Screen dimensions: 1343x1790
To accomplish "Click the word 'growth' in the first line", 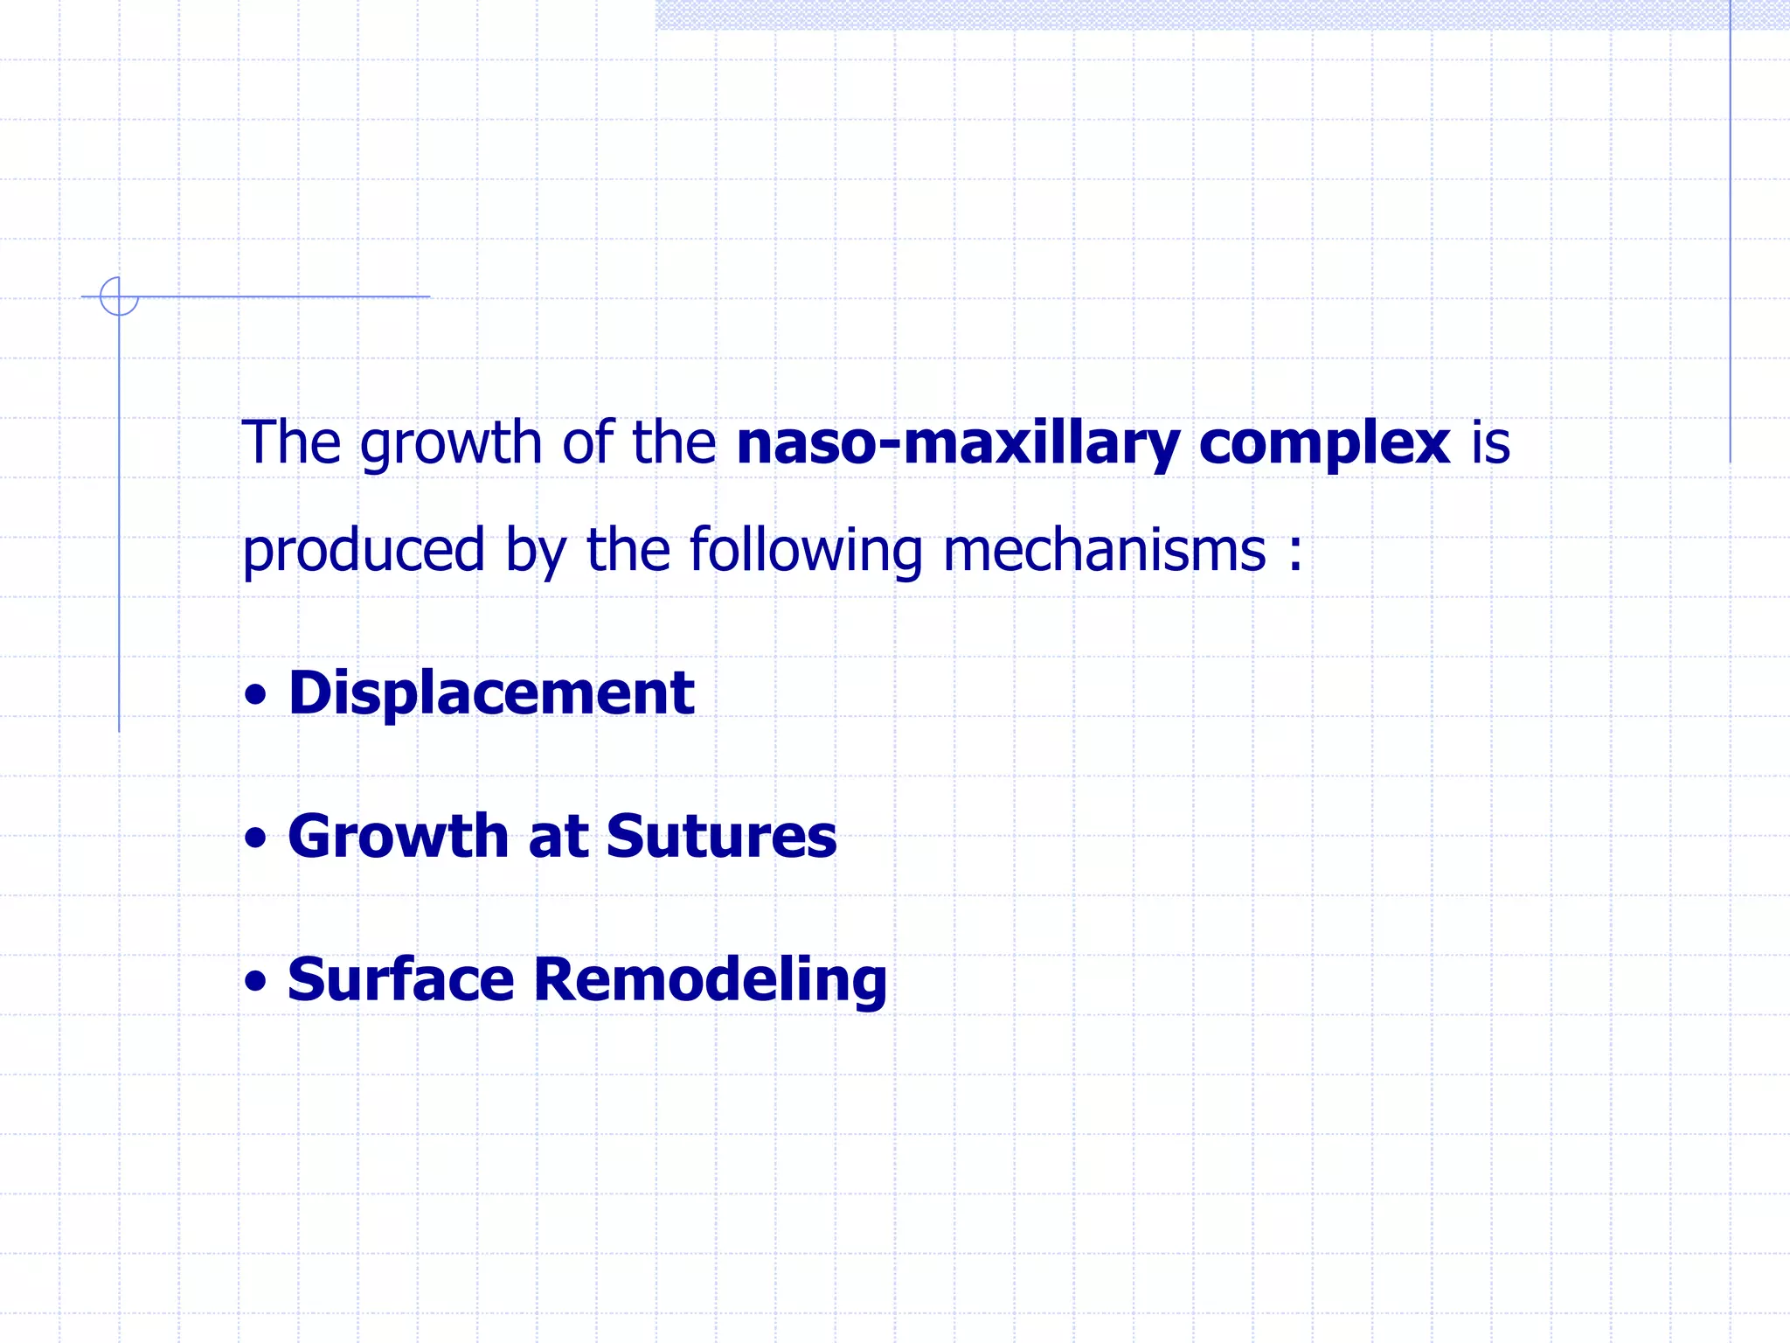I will pyautogui.click(x=451, y=443).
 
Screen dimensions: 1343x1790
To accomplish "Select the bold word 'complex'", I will pyautogui.click(x=1324, y=443).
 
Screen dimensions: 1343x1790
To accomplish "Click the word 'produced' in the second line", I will pyautogui.click(x=363, y=552).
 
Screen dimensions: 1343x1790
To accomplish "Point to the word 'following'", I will pyautogui.click(x=805, y=552).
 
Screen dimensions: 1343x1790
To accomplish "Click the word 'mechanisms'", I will pyautogui.click(x=1104, y=550).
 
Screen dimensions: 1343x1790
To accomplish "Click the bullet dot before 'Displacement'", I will pyautogui.click(x=255, y=696).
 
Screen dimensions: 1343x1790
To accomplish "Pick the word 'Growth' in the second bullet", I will pyautogui.click(x=398, y=837).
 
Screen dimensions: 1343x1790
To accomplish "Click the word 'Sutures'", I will pyautogui.click(x=721, y=837).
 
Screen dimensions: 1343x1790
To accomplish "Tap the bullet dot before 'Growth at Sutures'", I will pyautogui.click(x=255, y=839).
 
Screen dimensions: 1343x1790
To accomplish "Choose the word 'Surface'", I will pyautogui.click(x=400, y=979).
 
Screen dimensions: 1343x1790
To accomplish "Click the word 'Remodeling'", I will pyautogui.click(x=710, y=981).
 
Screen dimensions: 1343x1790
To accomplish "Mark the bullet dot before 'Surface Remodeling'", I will pyautogui.click(x=255, y=981).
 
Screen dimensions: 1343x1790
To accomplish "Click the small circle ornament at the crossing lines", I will pyautogui.click(x=119, y=296).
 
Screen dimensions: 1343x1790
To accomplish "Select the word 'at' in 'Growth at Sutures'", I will pyautogui.click(x=558, y=837).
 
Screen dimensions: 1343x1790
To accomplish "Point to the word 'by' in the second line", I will pyautogui.click(x=536, y=552).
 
